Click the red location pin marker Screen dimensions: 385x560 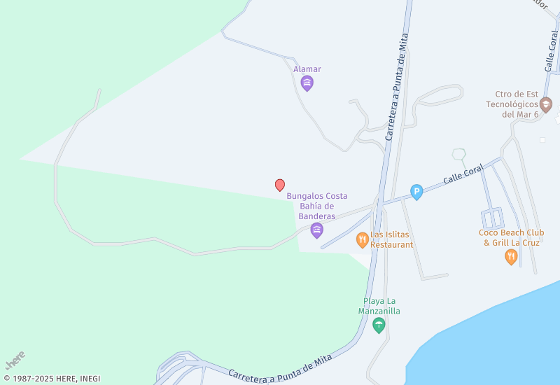280,185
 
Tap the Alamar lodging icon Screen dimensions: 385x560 307,84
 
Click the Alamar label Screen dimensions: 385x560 307,69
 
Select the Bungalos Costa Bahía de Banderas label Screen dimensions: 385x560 317,206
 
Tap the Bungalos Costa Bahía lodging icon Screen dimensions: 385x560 316,230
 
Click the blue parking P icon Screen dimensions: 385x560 416,192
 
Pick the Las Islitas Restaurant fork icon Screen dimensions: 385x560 362,240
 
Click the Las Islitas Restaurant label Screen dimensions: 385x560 392,240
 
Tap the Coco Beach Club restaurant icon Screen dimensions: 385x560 511,257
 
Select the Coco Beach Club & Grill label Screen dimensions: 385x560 511,238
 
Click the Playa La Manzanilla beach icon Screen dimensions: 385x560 379,325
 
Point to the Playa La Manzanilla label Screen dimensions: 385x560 379,306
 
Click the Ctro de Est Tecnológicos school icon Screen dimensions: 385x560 545,105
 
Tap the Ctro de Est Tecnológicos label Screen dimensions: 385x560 512,104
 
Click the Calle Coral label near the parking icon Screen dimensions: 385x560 463,175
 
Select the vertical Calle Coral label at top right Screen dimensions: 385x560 551,50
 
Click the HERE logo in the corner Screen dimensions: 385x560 15,360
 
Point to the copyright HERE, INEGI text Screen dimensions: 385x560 52,379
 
